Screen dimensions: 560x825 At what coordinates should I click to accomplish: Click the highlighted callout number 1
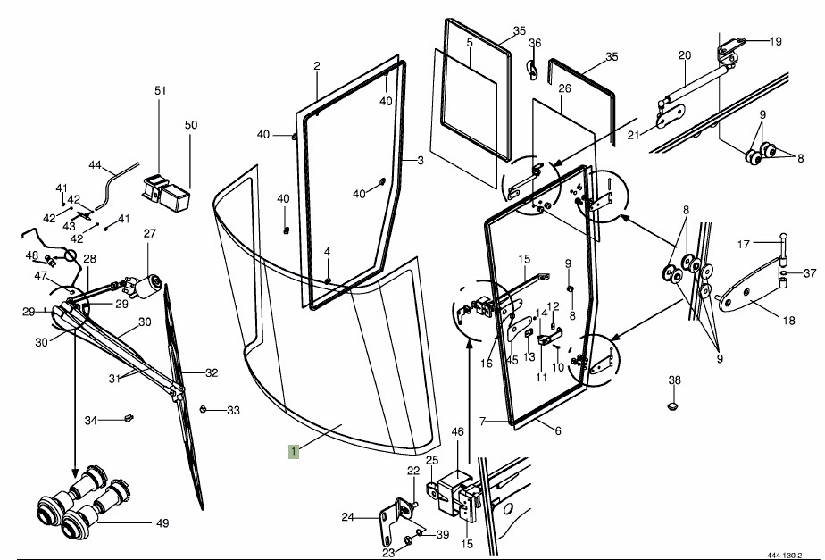[x=294, y=451]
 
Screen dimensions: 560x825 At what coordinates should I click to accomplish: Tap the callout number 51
[x=161, y=91]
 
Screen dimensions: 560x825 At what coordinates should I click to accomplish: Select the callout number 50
[x=191, y=124]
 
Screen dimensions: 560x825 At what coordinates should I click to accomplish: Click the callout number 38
[x=675, y=380]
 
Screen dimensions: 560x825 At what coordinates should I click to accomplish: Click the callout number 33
[x=234, y=411]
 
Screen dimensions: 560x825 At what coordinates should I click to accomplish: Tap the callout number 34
[x=91, y=420]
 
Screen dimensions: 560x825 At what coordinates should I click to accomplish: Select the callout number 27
[x=150, y=234]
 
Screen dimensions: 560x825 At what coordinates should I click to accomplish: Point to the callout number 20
[x=685, y=55]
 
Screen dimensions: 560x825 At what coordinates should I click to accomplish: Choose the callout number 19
[x=775, y=41]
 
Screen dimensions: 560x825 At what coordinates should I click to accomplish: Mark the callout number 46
[x=458, y=432]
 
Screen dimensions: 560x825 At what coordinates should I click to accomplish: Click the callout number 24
[x=347, y=516]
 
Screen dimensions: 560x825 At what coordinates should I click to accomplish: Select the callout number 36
[x=535, y=43]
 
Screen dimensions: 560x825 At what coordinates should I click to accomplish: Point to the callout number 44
[x=96, y=165]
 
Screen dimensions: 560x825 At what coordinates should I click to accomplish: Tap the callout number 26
[x=564, y=88]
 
